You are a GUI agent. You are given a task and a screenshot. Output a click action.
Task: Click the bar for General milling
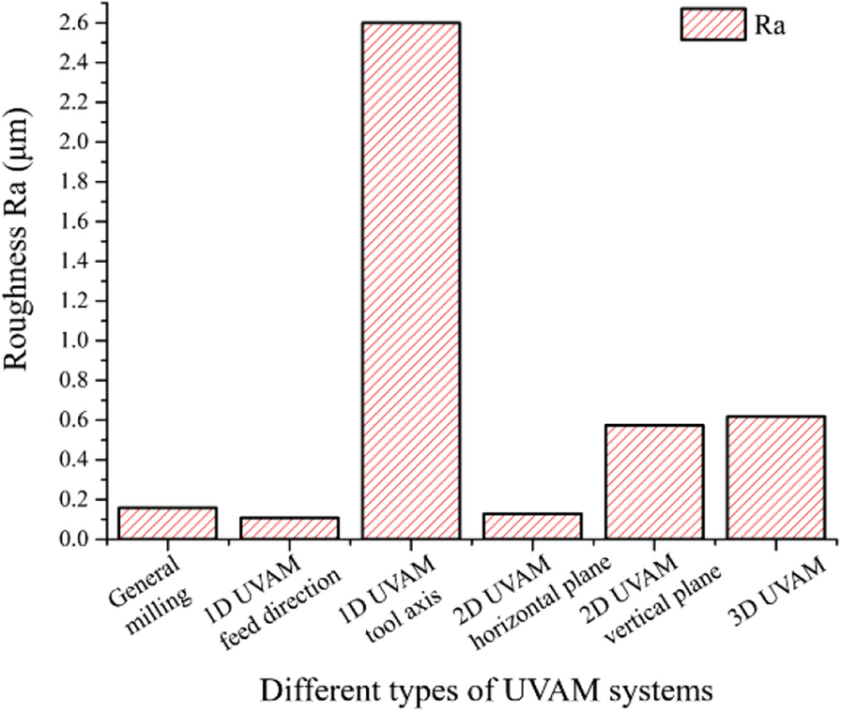tap(167, 523)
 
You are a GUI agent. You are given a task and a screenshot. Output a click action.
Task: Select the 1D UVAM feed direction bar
tap(289, 528)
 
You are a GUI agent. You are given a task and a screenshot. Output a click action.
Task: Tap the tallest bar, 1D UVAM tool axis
tap(410, 281)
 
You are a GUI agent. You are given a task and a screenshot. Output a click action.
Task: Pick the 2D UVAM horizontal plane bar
tap(532, 526)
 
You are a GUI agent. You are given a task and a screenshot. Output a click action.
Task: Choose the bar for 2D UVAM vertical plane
tap(654, 482)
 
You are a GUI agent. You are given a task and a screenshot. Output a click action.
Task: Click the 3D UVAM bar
tap(775, 478)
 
